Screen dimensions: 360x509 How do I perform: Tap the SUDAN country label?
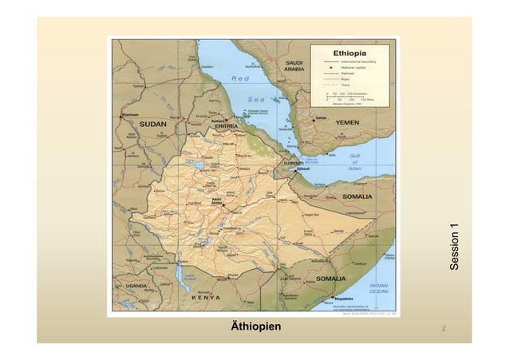(153, 125)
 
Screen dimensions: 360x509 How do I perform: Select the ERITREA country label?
(227, 126)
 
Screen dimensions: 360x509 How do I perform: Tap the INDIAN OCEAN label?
(378, 288)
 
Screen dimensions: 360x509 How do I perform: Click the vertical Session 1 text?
(455, 247)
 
